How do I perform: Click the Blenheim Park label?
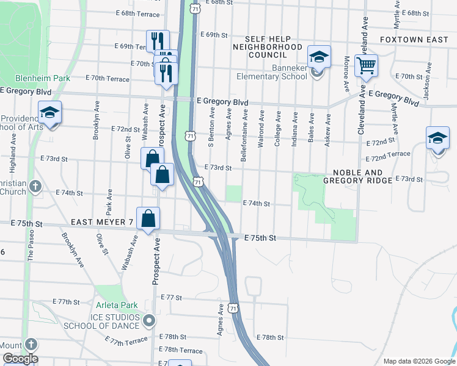coord(43,78)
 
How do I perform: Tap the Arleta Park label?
coord(117,305)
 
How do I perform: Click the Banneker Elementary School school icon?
coord(318,57)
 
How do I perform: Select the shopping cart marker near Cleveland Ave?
coord(366,65)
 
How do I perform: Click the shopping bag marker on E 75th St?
coord(148,218)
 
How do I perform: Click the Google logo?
coord(20,359)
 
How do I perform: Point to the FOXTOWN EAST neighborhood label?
coord(414,39)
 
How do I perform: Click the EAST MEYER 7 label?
coord(101,222)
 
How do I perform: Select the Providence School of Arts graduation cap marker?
coord(49,113)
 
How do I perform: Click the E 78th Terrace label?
coord(180,350)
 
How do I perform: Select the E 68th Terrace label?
coord(137,13)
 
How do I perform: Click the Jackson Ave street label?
coord(426,87)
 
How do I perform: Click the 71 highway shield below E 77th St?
coord(233,309)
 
